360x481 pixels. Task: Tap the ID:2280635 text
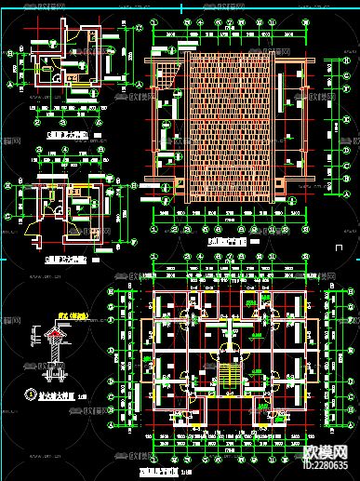click(x=332, y=464)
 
